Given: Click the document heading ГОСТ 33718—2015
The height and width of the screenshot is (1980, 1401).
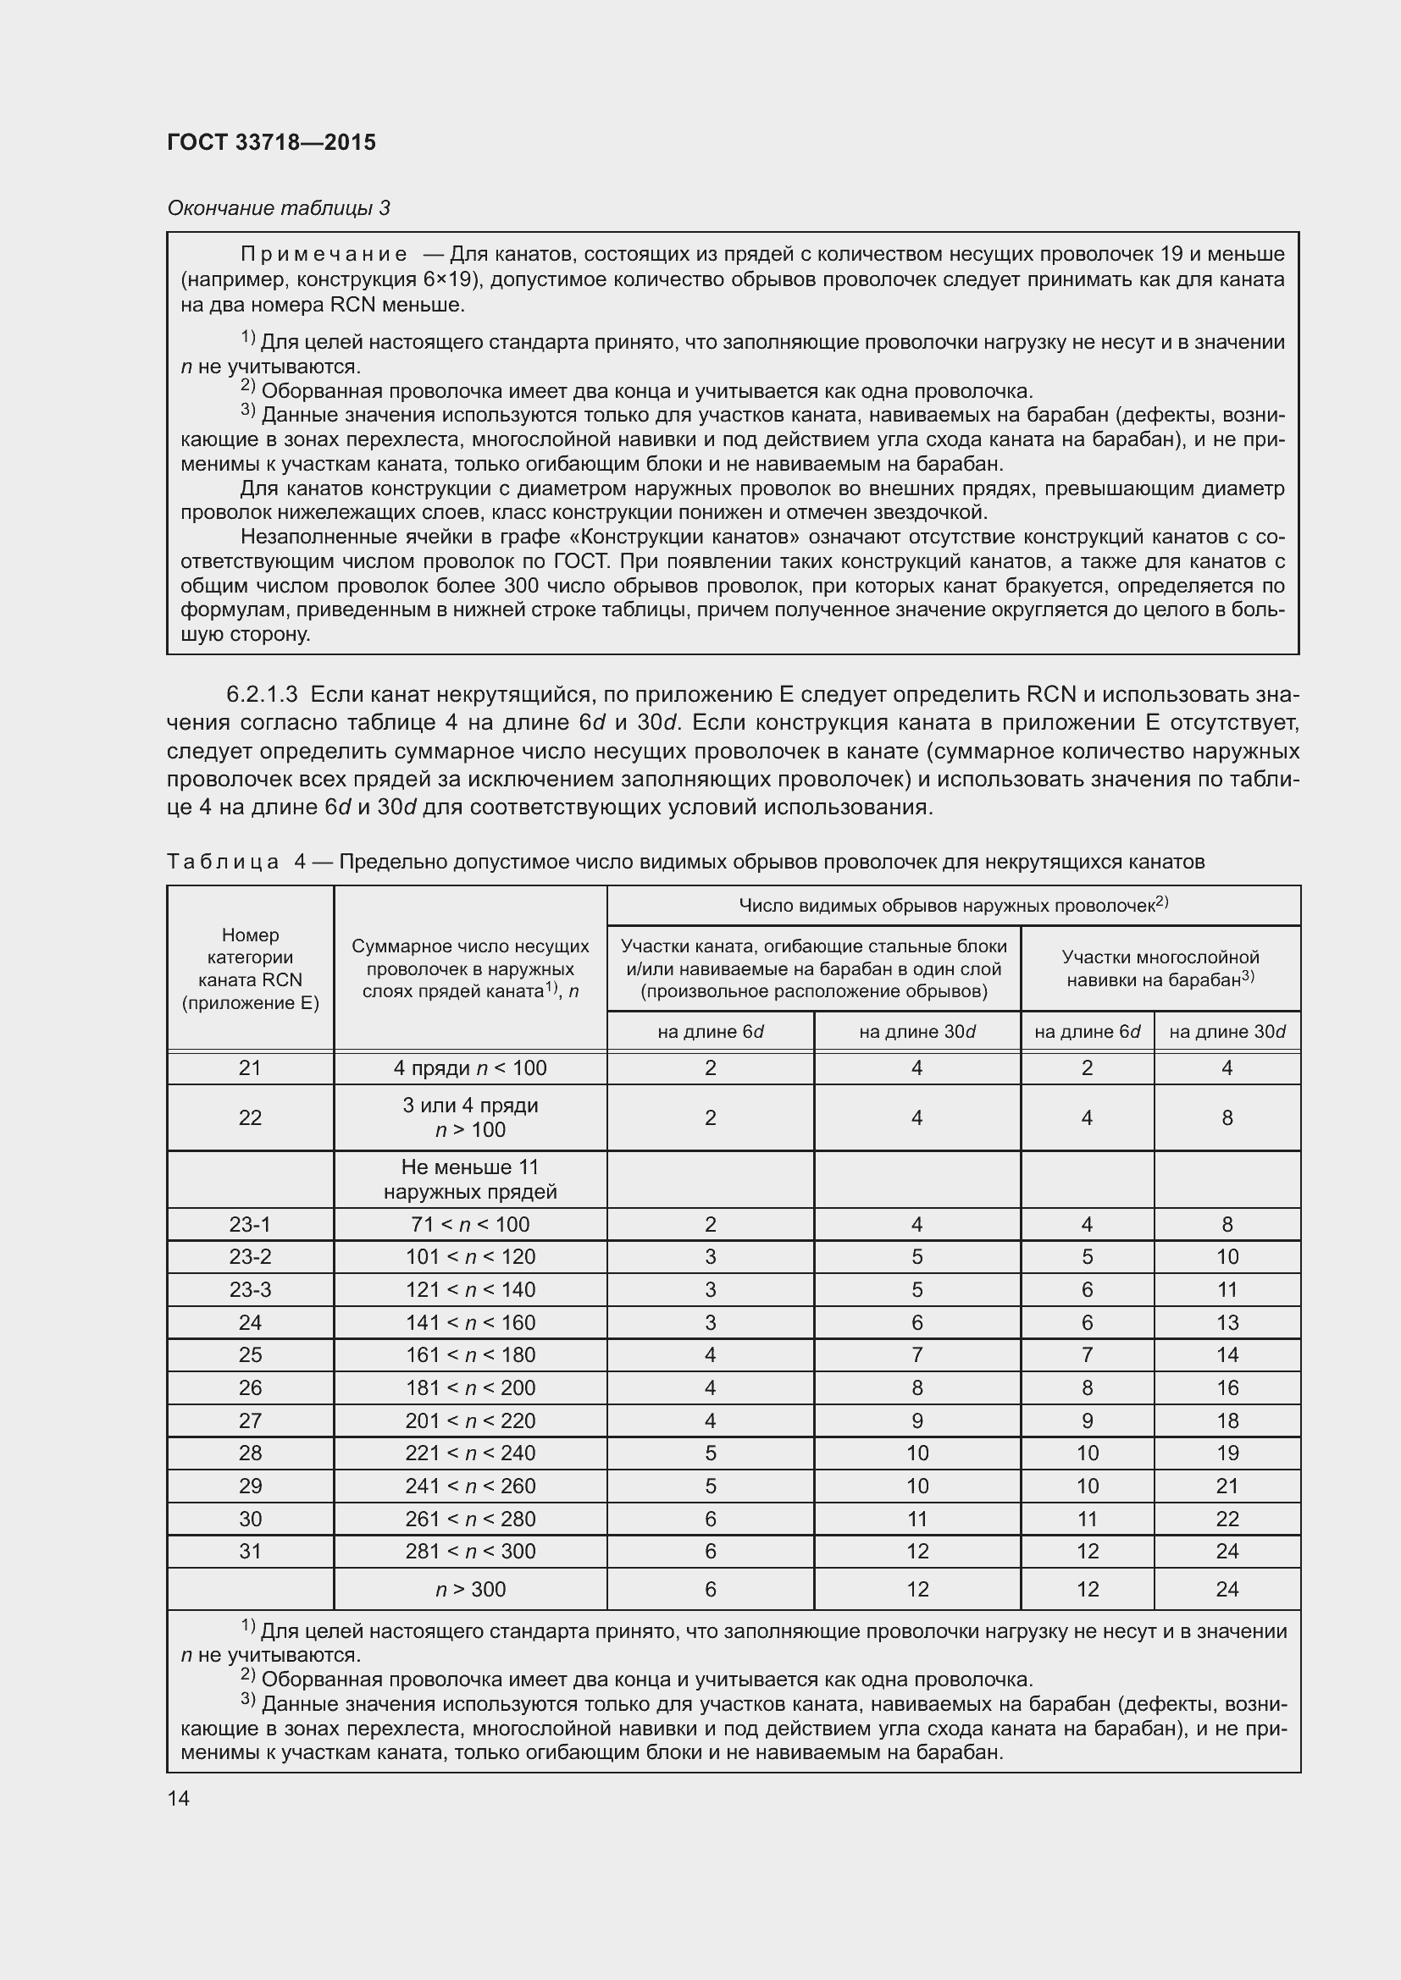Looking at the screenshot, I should pyautogui.click(x=271, y=143).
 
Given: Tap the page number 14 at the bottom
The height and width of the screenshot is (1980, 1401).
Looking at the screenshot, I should pyautogui.click(x=179, y=1798).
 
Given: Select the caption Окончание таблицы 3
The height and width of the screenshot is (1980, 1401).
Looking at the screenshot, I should pyautogui.click(x=278, y=208).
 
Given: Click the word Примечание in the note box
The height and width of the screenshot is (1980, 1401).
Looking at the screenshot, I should pyautogui.click(x=324, y=255).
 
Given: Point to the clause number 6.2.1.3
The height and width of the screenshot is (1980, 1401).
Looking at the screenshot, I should pyautogui.click(x=262, y=694).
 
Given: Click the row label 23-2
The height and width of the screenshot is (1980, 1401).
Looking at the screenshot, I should pyautogui.click(x=249, y=1256).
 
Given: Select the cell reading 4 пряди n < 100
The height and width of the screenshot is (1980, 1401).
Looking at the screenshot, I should pyautogui.click(x=469, y=1067).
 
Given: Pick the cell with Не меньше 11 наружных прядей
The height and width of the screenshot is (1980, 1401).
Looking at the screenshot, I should pyautogui.click(x=469, y=1179).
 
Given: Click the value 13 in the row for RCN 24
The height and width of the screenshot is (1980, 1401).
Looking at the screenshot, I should pyautogui.click(x=1226, y=1322).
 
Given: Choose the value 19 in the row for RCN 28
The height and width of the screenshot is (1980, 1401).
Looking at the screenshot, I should pyautogui.click(x=1226, y=1453).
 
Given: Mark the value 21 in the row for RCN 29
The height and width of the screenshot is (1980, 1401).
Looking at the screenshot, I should pyautogui.click(x=1226, y=1486).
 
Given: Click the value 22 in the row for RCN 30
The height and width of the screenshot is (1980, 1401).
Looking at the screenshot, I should pyautogui.click(x=1226, y=1519).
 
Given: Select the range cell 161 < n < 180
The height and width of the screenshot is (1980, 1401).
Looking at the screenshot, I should pyautogui.click(x=469, y=1354).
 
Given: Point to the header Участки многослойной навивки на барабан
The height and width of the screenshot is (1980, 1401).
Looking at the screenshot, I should pyautogui.click(x=1160, y=968).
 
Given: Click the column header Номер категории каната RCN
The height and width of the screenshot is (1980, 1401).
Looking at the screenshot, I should pyautogui.click(x=249, y=968).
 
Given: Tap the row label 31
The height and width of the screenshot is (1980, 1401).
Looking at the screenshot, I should pyautogui.click(x=249, y=1551).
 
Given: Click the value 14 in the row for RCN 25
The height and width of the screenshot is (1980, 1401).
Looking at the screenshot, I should pyautogui.click(x=1226, y=1354).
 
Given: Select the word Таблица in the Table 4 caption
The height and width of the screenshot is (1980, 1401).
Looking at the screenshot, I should pyautogui.click(x=223, y=862).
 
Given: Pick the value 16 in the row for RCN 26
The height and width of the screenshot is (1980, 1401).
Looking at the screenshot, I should pyautogui.click(x=1226, y=1387).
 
